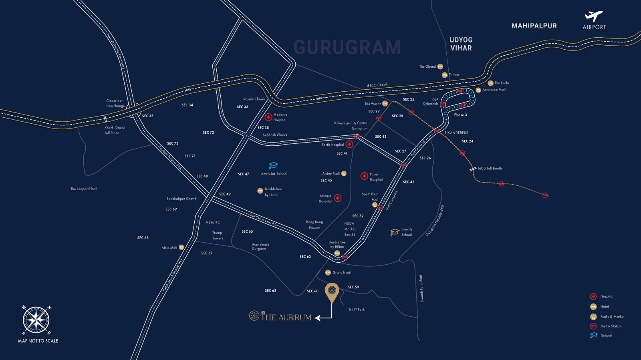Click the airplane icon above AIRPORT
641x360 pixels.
(594, 16)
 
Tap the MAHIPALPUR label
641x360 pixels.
(534, 26)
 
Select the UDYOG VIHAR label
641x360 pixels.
(461, 44)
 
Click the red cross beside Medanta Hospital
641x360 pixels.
(268, 117)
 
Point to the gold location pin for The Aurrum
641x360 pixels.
(332, 292)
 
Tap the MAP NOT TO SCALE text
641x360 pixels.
(38, 341)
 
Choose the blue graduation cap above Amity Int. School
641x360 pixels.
(273, 165)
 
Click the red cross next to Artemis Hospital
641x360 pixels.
(338, 198)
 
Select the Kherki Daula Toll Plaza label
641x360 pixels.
(114, 130)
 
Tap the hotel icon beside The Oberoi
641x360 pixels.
(440, 66)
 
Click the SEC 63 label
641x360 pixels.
(270, 291)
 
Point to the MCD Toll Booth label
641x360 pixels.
(490, 169)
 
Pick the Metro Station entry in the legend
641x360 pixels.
(611, 326)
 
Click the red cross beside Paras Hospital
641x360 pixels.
(364, 176)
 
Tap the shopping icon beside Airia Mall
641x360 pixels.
(181, 247)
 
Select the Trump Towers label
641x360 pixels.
(218, 235)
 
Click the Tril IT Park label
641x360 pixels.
(356, 310)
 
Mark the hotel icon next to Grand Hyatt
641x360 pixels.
(328, 272)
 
